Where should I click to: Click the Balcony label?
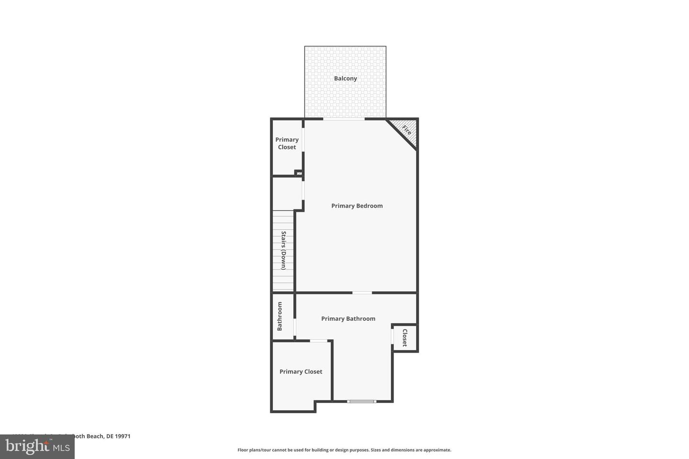[x=345, y=78]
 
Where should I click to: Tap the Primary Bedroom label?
[x=357, y=206]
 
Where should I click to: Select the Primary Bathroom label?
[x=348, y=319]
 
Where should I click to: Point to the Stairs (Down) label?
[x=283, y=251]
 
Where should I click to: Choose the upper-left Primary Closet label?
[x=287, y=143]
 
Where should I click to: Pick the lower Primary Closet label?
[x=300, y=372]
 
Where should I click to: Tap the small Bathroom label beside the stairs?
[x=280, y=316]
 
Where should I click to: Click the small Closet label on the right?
[x=405, y=338]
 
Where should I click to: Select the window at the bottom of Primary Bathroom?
[x=362, y=401]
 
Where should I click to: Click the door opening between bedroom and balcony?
[x=344, y=119]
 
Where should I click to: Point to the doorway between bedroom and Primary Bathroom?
[x=362, y=292]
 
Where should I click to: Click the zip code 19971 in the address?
[x=123, y=436]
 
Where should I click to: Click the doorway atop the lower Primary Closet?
[x=318, y=340]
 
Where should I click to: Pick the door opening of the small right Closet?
[x=392, y=337]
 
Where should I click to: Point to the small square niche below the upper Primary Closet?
[x=299, y=173]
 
